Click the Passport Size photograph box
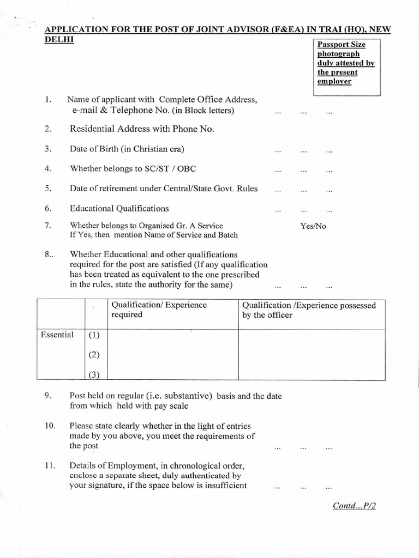tap(346, 66)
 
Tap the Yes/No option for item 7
tap(313, 226)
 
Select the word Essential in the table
tap(57, 335)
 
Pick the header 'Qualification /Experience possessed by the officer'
tap(309, 310)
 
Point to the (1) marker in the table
tap(94, 336)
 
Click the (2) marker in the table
tap(94, 355)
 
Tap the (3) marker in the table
tap(94, 374)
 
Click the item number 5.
tap(48, 189)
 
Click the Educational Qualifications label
tap(119, 208)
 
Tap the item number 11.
tap(49, 466)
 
